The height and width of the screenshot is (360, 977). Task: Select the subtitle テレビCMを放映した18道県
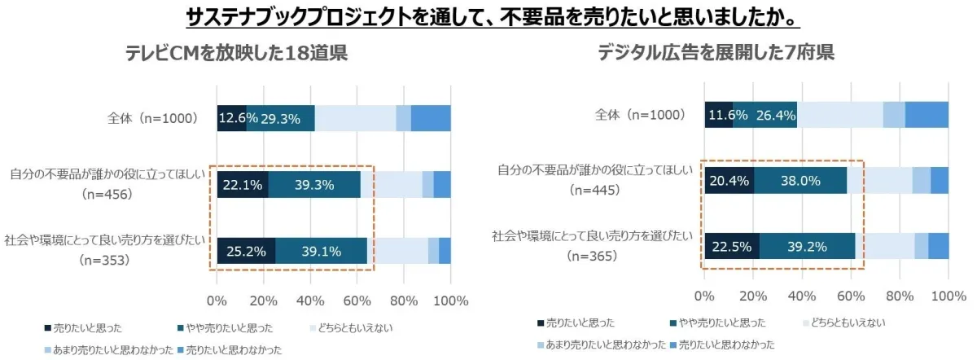pyautogui.click(x=236, y=54)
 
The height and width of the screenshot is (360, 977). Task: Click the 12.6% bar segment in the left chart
pyautogui.click(x=232, y=118)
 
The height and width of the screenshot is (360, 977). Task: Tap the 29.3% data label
pyautogui.click(x=281, y=119)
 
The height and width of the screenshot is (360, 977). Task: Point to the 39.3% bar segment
pyautogui.click(x=314, y=185)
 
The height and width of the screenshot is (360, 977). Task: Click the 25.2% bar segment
pyautogui.click(x=246, y=251)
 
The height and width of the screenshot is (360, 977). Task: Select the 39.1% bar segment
pyautogui.click(x=321, y=251)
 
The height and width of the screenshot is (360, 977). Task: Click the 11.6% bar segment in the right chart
pyautogui.click(x=719, y=115)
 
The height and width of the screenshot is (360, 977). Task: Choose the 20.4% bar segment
pyautogui.click(x=729, y=181)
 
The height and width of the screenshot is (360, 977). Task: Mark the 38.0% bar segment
pyautogui.click(x=800, y=181)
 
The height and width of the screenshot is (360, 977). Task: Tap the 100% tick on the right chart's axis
pyautogui.click(x=948, y=295)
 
